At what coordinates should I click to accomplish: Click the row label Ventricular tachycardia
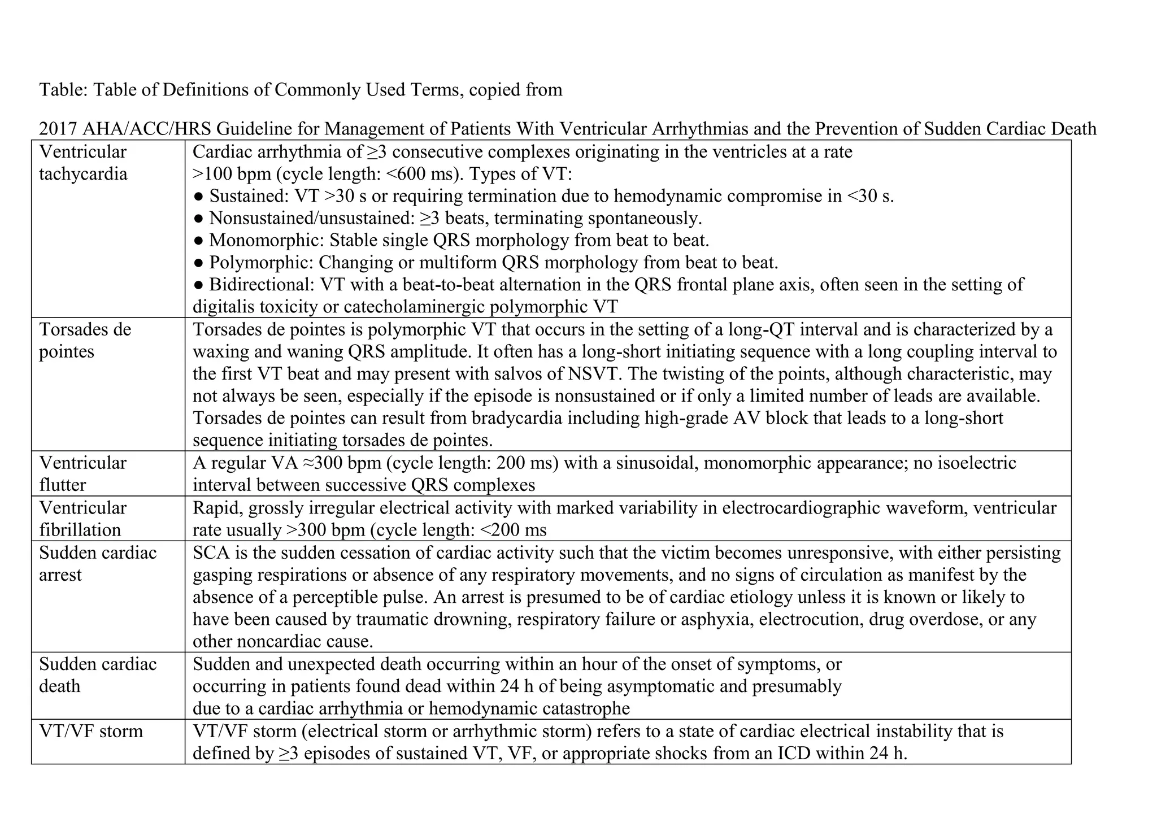pyautogui.click(x=83, y=163)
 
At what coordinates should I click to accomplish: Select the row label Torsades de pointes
pyautogui.click(x=85, y=340)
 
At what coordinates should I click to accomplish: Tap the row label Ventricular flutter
pyautogui.click(x=82, y=473)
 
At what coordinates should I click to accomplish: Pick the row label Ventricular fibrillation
pyautogui.click(x=82, y=519)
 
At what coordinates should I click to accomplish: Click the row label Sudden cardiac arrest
pyautogui.click(x=97, y=563)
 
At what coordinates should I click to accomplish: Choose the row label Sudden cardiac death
pyautogui.click(x=97, y=675)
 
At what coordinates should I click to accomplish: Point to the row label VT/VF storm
pyautogui.click(x=91, y=731)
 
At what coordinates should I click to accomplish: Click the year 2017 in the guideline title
pyautogui.click(x=58, y=129)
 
